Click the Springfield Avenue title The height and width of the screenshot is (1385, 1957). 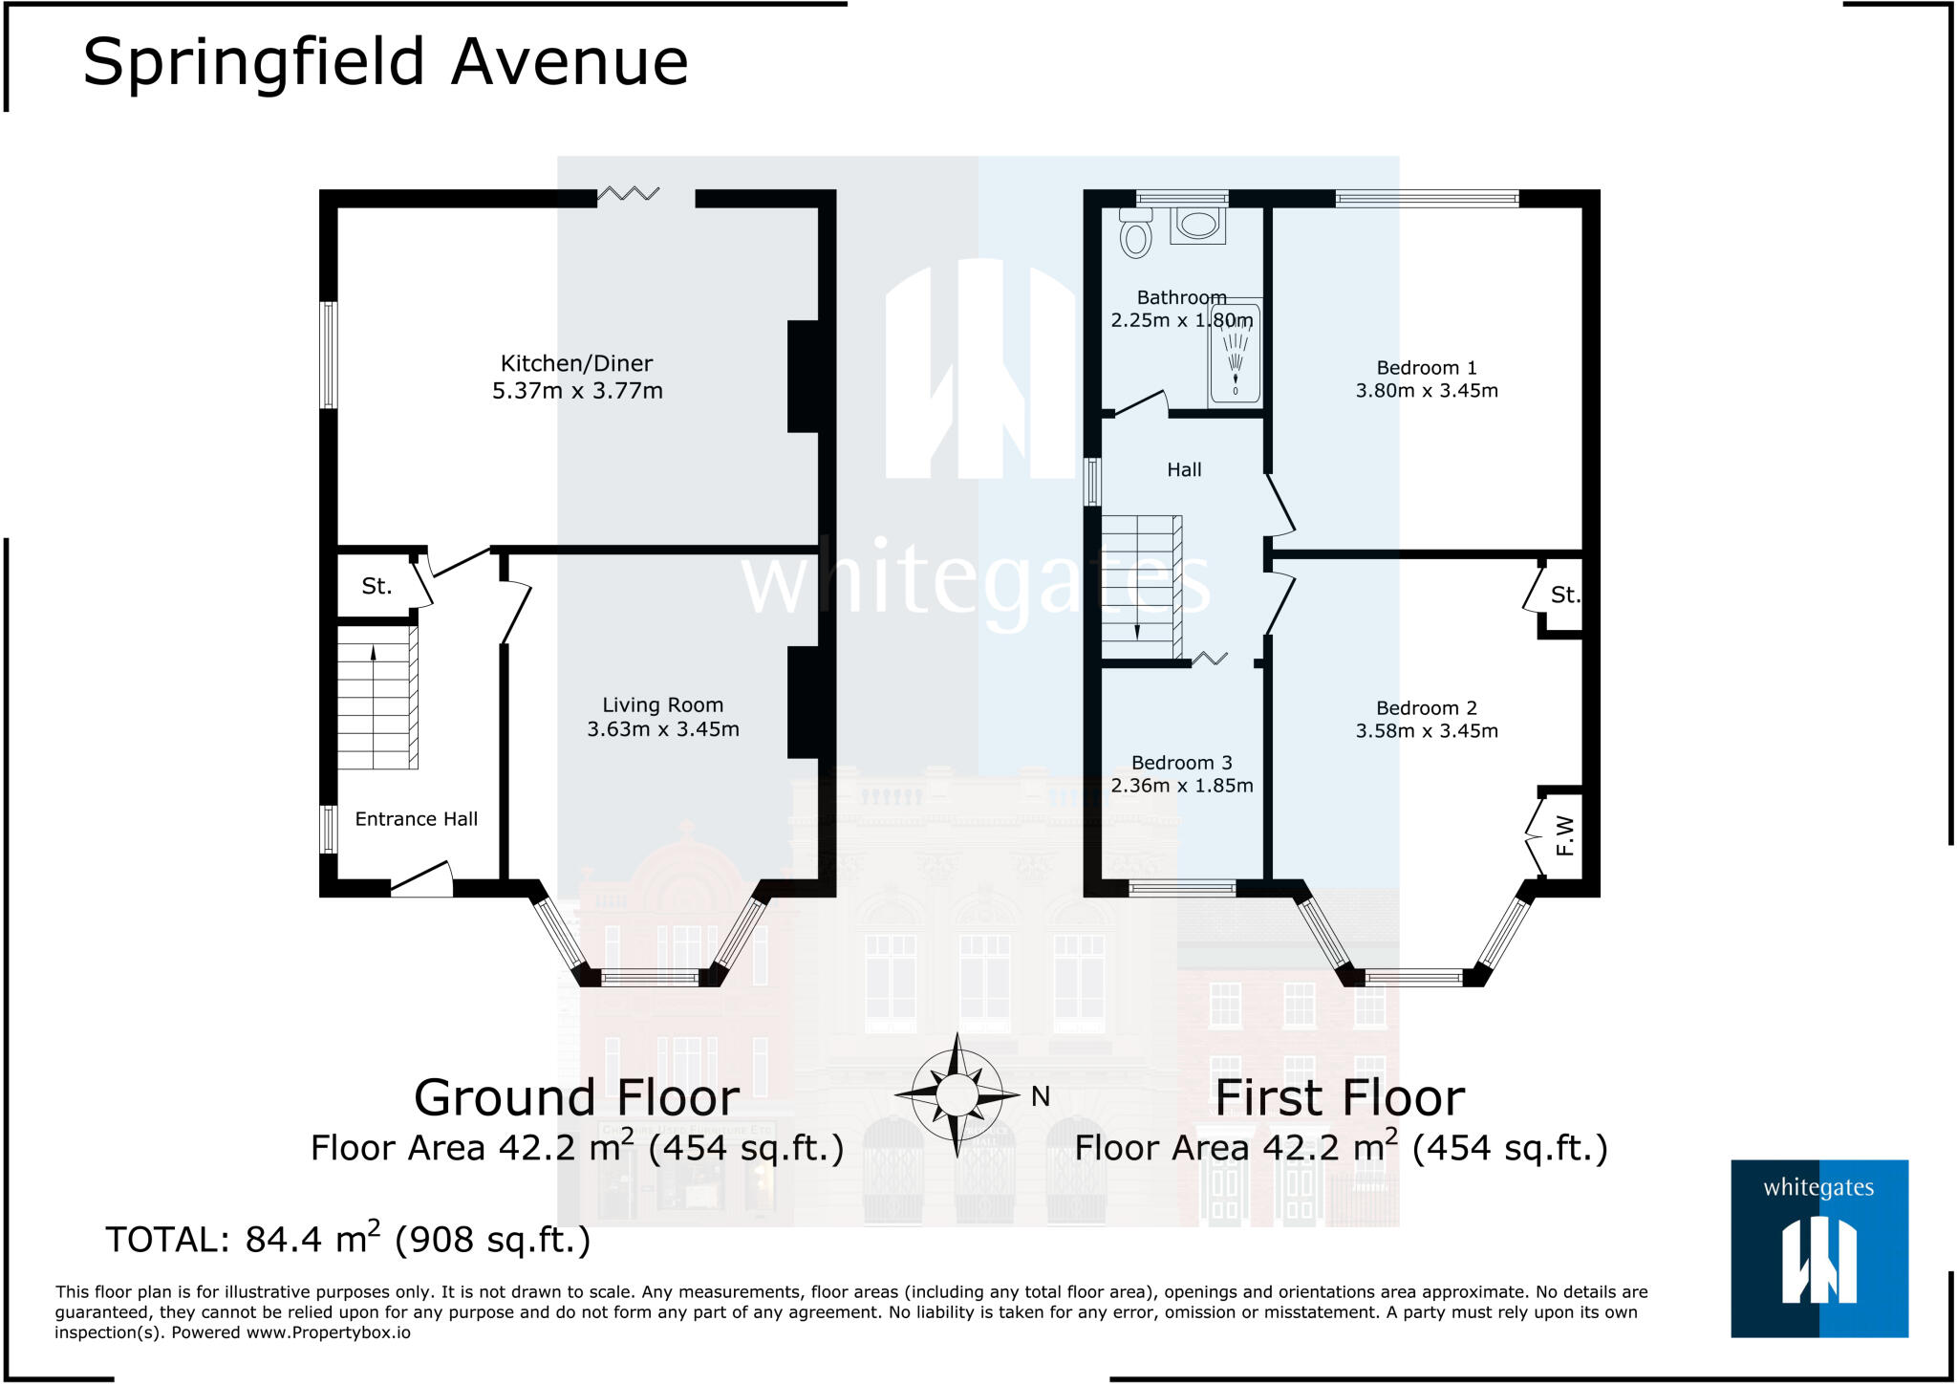coord(385,62)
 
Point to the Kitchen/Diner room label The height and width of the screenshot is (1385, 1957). coord(576,363)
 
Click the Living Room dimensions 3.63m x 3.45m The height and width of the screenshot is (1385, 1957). coord(662,729)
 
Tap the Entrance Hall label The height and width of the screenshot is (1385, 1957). coord(416,819)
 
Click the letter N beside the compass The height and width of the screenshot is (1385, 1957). coord(1041,1096)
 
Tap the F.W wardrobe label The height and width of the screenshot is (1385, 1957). coord(1564,835)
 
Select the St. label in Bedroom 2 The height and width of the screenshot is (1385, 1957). coord(1564,595)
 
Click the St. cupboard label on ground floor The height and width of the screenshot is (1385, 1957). coord(376,586)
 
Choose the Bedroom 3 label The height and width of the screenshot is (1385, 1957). coord(1181,763)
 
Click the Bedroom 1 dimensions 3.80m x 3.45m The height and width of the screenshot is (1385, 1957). coord(1426,391)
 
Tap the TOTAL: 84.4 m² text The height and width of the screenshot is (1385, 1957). coord(348,1240)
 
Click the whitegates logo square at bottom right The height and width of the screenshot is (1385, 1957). coord(1818,1247)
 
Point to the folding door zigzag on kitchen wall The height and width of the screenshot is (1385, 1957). coord(628,194)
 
